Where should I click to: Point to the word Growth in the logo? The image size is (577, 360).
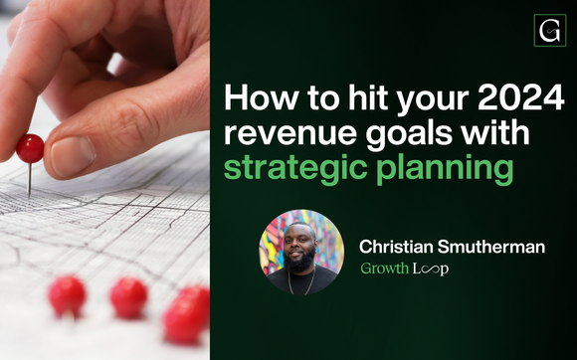[x=385, y=270]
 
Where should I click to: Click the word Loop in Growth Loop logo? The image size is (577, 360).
[x=432, y=270]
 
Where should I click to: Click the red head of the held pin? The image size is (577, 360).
[x=31, y=148]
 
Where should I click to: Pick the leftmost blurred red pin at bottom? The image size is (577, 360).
[x=67, y=295]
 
